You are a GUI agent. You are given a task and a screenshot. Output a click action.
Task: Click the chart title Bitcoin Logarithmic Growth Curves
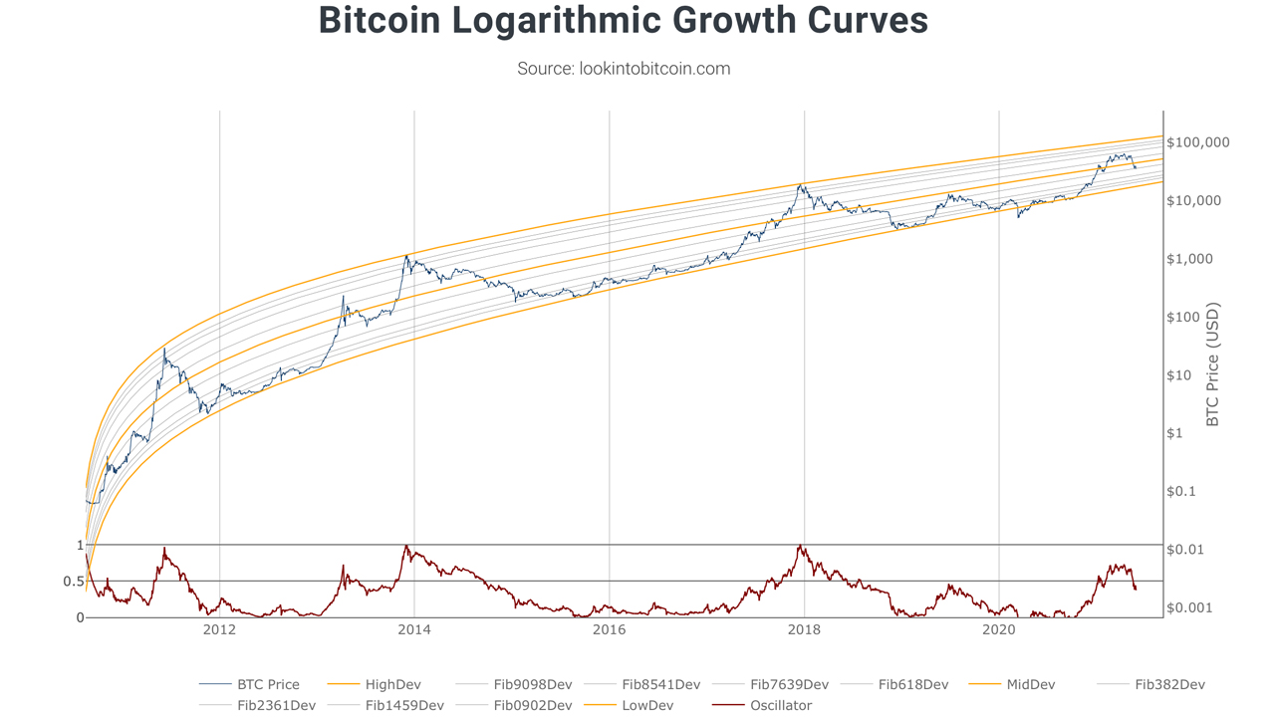[624, 22]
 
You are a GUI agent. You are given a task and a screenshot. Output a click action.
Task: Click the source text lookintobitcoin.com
[624, 69]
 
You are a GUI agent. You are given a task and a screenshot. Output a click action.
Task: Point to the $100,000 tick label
[1198, 142]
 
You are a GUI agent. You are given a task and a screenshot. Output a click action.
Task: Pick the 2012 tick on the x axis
[219, 629]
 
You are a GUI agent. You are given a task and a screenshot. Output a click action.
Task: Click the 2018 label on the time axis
[804, 629]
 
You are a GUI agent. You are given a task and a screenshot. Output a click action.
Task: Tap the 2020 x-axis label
[998, 629]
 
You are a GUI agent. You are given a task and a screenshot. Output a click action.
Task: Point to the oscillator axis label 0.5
[74, 582]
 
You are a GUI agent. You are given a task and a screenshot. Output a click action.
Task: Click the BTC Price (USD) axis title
[1213, 364]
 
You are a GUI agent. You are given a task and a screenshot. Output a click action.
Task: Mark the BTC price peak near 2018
[801, 184]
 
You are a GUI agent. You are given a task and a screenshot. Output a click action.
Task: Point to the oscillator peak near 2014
[405, 546]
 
